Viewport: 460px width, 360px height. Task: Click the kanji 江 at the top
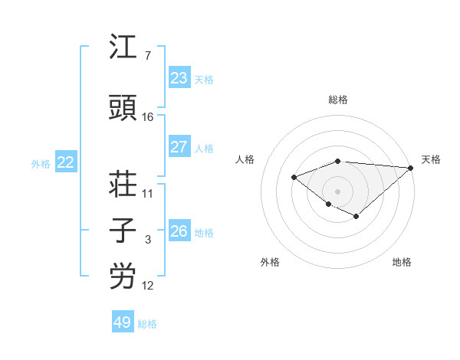(x=123, y=48)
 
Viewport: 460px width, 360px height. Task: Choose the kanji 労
(x=123, y=277)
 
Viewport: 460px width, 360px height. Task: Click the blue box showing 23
(x=179, y=78)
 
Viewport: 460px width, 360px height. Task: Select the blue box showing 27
(x=179, y=147)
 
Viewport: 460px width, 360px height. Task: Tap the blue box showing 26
(x=179, y=231)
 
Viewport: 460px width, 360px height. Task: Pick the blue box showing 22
(x=66, y=162)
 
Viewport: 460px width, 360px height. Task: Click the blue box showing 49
(x=123, y=322)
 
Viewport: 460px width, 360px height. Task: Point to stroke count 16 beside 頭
(x=148, y=116)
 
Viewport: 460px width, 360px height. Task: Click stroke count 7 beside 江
(x=147, y=56)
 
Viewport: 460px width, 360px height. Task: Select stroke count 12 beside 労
(x=148, y=286)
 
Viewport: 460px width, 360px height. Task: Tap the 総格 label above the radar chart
(x=338, y=100)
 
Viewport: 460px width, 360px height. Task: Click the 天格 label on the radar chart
(x=431, y=159)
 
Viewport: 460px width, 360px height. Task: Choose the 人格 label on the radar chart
(x=245, y=159)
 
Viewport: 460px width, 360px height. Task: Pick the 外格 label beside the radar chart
(x=270, y=263)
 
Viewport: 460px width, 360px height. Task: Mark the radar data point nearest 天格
(x=411, y=167)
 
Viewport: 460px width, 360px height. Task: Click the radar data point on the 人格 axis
(x=294, y=177)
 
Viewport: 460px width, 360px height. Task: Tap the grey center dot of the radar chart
(x=337, y=191)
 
